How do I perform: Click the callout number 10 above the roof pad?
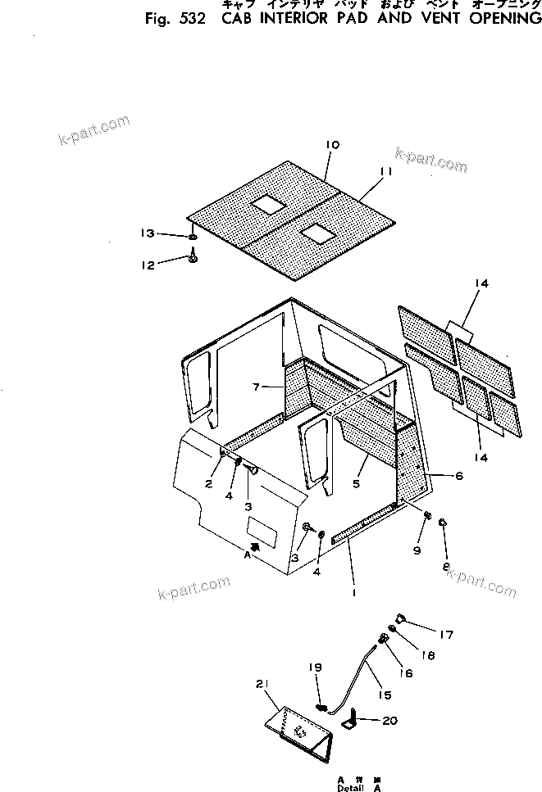click(332, 145)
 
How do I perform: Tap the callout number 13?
click(147, 234)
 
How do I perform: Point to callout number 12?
click(147, 265)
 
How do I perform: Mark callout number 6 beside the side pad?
click(458, 475)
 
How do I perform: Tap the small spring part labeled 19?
click(321, 706)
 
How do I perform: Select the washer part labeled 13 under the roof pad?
click(192, 238)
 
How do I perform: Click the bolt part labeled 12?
click(193, 259)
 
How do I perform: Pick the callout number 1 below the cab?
click(353, 592)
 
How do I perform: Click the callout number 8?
click(445, 566)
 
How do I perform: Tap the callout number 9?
click(417, 551)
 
